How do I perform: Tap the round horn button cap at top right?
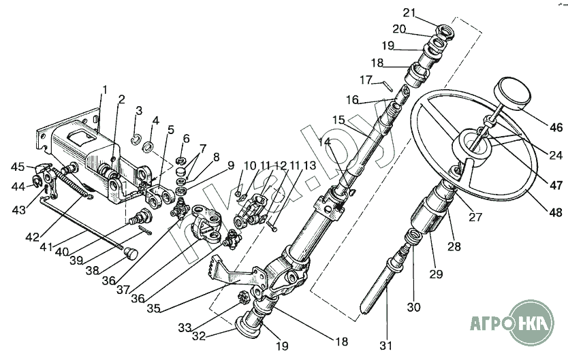[514, 93]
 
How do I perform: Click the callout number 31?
[385, 346]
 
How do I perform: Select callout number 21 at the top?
[409, 13]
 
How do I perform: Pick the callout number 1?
[104, 90]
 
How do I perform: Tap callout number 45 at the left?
[18, 167]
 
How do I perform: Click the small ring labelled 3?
[137, 138]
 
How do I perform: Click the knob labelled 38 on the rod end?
[130, 254]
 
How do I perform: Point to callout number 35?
[155, 308]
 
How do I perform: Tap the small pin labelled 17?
[387, 86]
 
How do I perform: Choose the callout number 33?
[185, 328]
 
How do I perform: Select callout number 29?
[436, 274]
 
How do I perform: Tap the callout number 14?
[325, 142]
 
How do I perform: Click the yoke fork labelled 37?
[206, 222]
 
